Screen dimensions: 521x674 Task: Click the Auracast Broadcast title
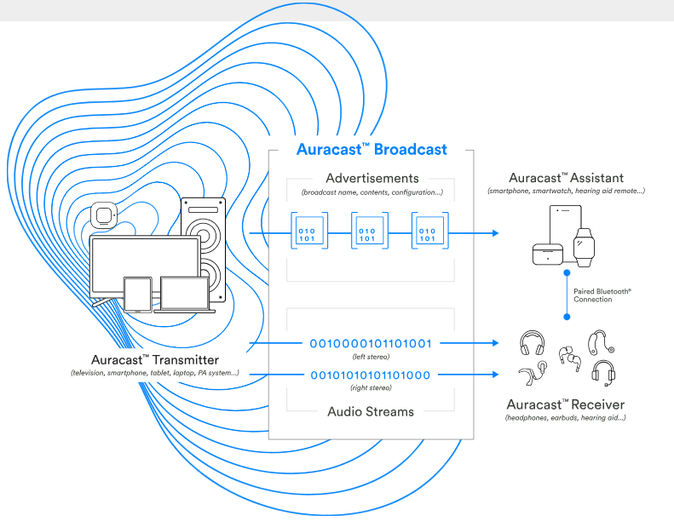pyautogui.click(x=372, y=150)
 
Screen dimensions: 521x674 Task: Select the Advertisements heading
pyautogui.click(x=372, y=179)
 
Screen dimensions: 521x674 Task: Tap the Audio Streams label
pyautogui.click(x=371, y=411)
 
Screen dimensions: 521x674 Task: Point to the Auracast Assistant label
pyautogui.click(x=566, y=178)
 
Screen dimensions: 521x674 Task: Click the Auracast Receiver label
pyautogui.click(x=565, y=404)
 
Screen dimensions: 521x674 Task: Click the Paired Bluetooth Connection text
pyautogui.click(x=602, y=295)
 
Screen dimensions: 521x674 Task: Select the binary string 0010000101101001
pyautogui.click(x=371, y=344)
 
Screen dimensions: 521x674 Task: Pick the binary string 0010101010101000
pyautogui.click(x=371, y=375)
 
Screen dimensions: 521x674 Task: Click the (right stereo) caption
pyautogui.click(x=371, y=388)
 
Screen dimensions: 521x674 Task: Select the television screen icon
pyautogui.click(x=144, y=266)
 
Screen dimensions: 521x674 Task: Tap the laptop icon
pyautogui.click(x=185, y=295)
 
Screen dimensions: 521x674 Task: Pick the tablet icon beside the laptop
pyautogui.click(x=137, y=295)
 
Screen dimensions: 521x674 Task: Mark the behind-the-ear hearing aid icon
pyautogui.click(x=600, y=342)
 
